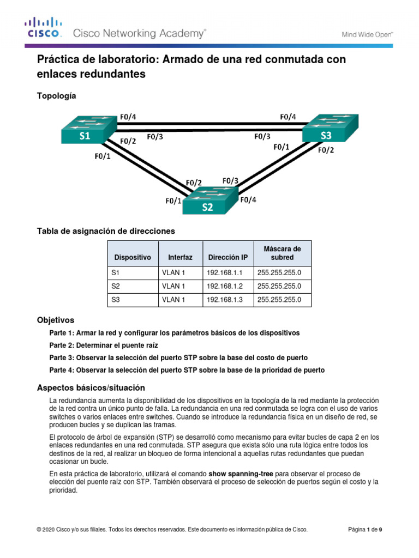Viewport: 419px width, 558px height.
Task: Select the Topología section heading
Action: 56,96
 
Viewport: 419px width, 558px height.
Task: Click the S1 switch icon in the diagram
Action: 87,131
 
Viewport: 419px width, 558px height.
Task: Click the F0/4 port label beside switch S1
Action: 128,116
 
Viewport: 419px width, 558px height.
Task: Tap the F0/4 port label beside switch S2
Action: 248,199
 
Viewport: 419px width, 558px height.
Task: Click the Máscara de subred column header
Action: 282,253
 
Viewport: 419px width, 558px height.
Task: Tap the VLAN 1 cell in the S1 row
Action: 173,272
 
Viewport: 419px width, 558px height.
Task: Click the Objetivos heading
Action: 55,320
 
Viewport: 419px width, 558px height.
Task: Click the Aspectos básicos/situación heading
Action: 91,387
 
